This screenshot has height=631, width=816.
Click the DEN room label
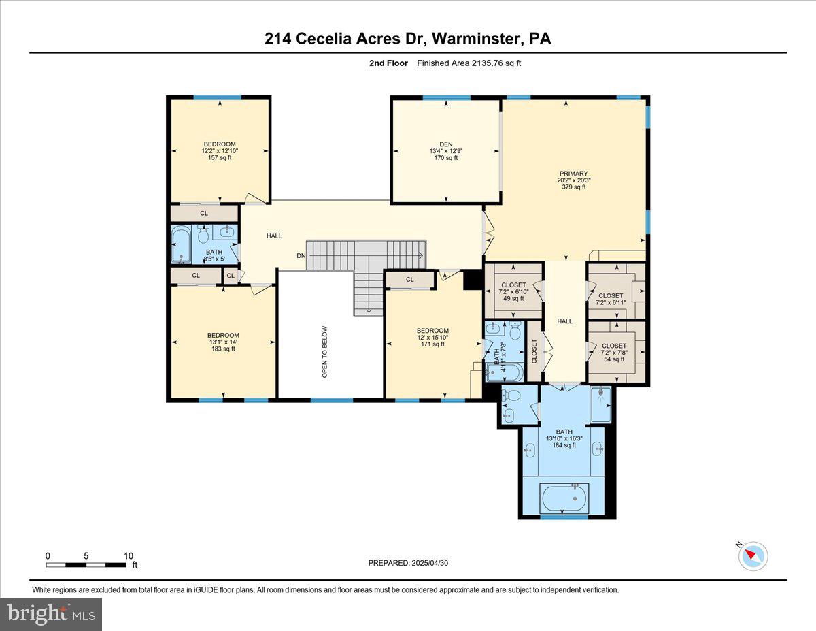(x=445, y=144)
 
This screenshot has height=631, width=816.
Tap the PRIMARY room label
(x=574, y=174)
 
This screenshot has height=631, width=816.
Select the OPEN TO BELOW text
(x=324, y=351)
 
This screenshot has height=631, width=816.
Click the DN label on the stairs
(x=301, y=256)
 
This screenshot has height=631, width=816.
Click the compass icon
(x=753, y=555)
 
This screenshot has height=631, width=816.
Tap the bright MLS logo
(x=51, y=614)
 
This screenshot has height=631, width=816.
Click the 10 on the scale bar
(x=128, y=555)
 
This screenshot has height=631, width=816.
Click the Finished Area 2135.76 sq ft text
(x=469, y=63)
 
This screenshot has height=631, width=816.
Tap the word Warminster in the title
(x=472, y=39)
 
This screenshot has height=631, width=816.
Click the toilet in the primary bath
(x=513, y=395)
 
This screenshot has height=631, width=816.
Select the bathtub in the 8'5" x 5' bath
(x=181, y=244)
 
